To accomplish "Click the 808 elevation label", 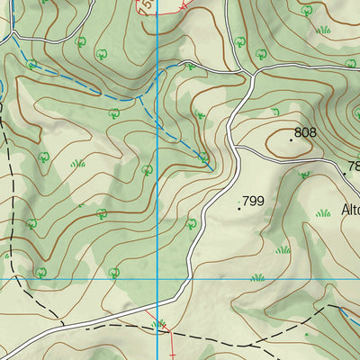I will pyautogui.click(x=306, y=132).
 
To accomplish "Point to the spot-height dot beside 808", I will pyautogui.click(x=292, y=139).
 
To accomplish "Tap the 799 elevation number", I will pyautogui.click(x=253, y=202).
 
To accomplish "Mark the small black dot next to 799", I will pyautogui.click(x=238, y=208).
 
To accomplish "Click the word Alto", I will pyautogui.click(x=350, y=210).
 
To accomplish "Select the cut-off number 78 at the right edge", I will pyautogui.click(x=353, y=166).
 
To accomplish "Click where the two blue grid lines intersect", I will pyautogui.click(x=157, y=279).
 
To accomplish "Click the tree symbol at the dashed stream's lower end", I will pyautogui.click(x=205, y=159).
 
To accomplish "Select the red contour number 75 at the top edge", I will pyautogui.click(x=146, y=7).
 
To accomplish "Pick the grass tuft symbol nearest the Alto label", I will pyautogui.click(x=322, y=213).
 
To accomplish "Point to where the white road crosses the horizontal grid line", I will pyautogui.click(x=187, y=279).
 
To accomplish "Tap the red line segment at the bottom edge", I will pyautogui.click(x=169, y=346).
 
